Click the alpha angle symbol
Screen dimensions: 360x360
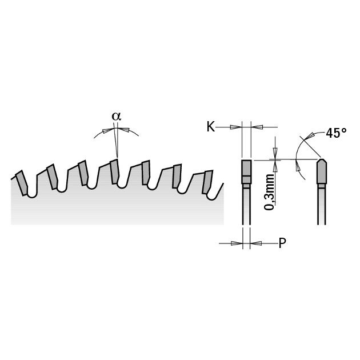[116, 117]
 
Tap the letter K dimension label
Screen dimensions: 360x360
[211, 126]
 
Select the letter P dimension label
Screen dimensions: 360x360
[282, 243]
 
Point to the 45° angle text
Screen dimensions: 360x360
[336, 133]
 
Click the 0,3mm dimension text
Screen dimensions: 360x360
[269, 192]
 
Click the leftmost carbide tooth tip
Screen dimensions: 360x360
[22, 183]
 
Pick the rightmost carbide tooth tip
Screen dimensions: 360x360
[207, 182]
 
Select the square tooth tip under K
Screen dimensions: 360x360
[246, 172]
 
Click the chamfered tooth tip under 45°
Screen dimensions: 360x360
[321, 171]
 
